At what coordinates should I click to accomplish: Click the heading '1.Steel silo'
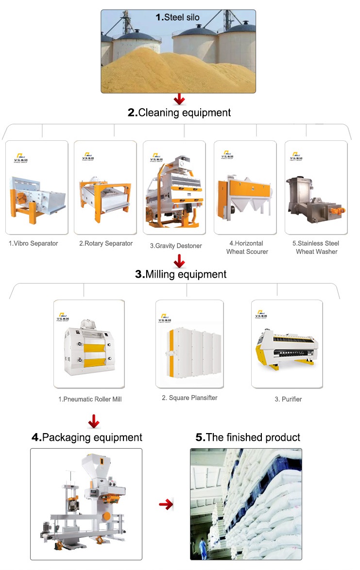pos(177,17)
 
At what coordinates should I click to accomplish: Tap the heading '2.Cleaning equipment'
pos(179,113)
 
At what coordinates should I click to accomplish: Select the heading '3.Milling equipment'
pos(181,274)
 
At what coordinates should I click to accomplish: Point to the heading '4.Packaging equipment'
pos(87,437)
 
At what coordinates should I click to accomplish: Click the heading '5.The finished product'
pos(248,437)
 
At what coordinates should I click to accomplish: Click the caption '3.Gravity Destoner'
pos(175,246)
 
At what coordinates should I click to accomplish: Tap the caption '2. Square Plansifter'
pos(189,398)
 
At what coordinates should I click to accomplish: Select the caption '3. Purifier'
pos(288,399)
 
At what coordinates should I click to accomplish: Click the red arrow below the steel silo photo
pos(180,100)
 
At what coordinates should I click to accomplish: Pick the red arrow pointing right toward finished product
pos(166,505)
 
